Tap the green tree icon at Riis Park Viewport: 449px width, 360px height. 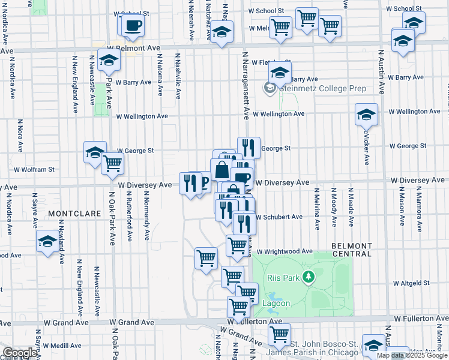(x=309, y=277)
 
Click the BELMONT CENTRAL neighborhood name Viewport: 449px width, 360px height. (x=352, y=249)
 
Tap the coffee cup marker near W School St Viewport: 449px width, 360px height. (x=133, y=26)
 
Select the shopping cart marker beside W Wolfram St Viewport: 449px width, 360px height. (x=112, y=163)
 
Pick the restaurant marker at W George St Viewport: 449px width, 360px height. (x=249, y=146)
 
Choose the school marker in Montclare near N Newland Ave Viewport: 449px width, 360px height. (x=47, y=242)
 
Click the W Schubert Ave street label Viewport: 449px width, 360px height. (x=279, y=217)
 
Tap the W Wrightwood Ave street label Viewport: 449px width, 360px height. (x=285, y=251)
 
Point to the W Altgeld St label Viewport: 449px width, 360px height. (x=412, y=283)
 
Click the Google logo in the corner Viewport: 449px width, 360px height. (x=20, y=353)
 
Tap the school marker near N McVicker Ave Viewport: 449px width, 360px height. (x=366, y=113)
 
